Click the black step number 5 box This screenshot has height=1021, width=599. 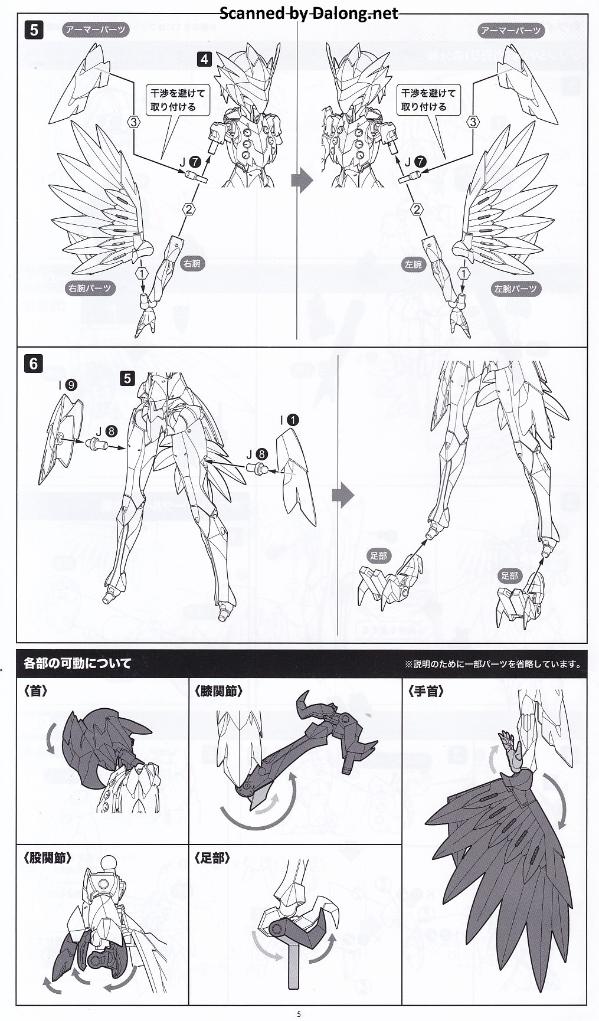click(x=34, y=30)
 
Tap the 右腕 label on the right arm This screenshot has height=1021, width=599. click(x=192, y=263)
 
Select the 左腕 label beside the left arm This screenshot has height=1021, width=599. click(x=413, y=264)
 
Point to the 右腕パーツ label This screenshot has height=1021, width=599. click(x=90, y=289)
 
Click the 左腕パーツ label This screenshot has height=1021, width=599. click(x=516, y=289)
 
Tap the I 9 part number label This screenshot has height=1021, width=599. click(x=68, y=385)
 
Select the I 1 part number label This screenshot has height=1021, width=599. click(x=290, y=420)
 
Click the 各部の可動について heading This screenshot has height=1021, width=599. click(x=77, y=663)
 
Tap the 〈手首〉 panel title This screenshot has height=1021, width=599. click(x=425, y=691)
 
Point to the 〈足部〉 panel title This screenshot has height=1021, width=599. click(x=212, y=858)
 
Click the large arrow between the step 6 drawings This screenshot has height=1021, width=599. click(x=343, y=495)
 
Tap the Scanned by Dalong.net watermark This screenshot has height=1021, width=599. click(x=309, y=13)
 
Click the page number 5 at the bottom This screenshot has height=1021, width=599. click(x=299, y=1014)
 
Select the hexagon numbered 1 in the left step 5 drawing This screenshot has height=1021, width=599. click(x=141, y=273)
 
